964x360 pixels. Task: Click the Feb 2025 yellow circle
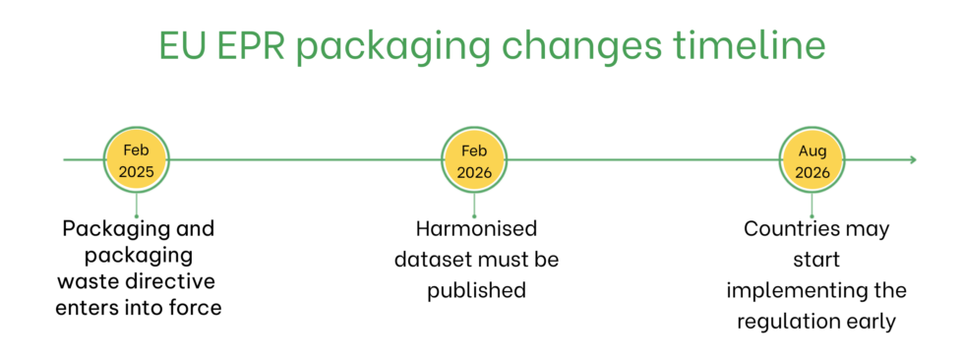pyautogui.click(x=137, y=159)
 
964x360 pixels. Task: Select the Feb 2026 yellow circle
pyautogui.click(x=474, y=159)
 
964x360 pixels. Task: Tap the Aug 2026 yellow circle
pyautogui.click(x=813, y=159)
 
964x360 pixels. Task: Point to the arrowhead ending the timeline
pyautogui.click(x=912, y=159)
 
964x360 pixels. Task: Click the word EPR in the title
pyautogui.click(x=254, y=46)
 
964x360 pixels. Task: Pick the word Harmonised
pyautogui.click(x=476, y=229)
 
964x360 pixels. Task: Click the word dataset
pyautogui.click(x=433, y=260)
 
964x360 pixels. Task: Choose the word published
pyautogui.click(x=476, y=291)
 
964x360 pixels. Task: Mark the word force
pyautogui.click(x=197, y=309)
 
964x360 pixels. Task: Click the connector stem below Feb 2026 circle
pyautogui.click(x=474, y=205)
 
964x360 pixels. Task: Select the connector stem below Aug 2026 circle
pyautogui.click(x=813, y=205)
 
